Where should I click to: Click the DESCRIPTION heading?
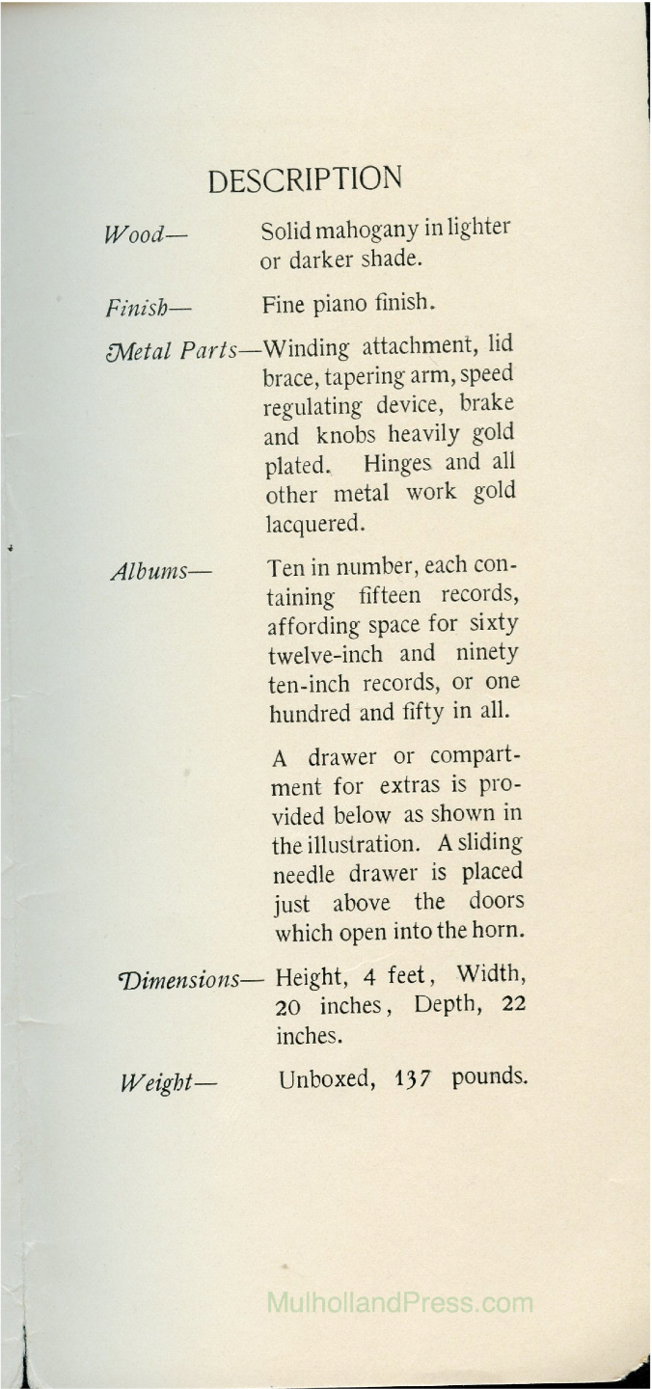pos(305,179)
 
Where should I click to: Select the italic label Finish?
pos(149,309)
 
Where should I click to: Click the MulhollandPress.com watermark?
pos(398,1304)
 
